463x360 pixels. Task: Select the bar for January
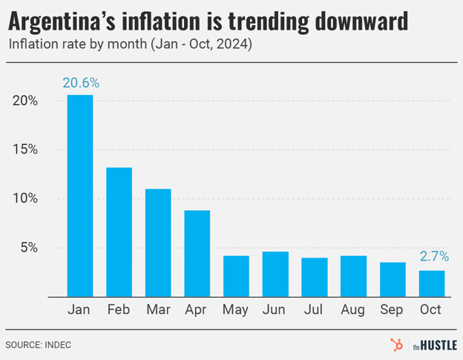[80, 196]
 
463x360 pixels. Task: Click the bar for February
[119, 232]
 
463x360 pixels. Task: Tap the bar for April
[197, 253]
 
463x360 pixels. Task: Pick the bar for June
[275, 274]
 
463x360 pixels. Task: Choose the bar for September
[393, 279]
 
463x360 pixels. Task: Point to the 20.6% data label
[80, 83]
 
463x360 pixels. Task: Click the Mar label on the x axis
[158, 310]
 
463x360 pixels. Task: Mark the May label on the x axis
[236, 310]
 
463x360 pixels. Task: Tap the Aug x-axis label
[353, 310]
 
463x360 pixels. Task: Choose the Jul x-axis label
[315, 310]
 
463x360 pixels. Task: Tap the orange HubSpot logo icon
[397, 344]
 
